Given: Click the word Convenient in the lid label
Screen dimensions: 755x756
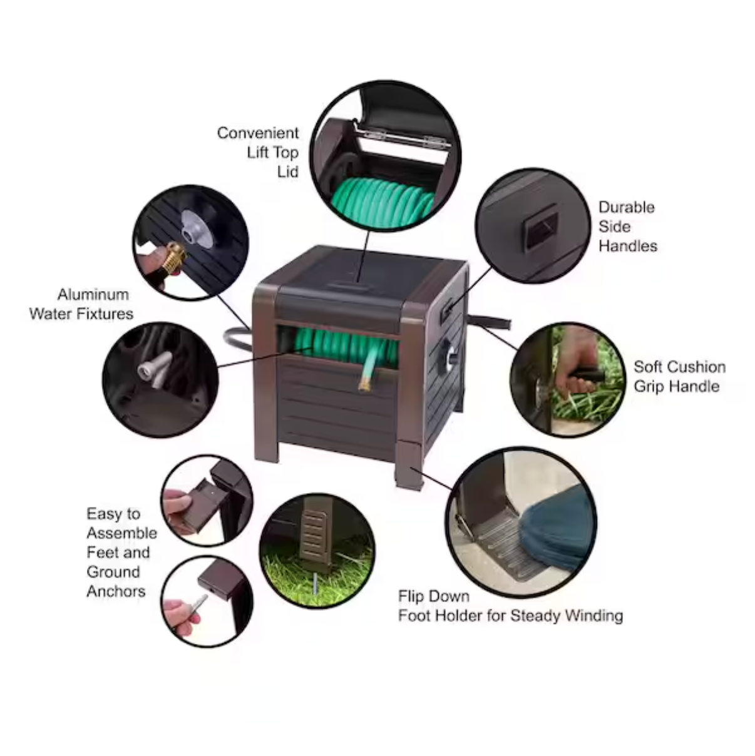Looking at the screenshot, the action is tap(257, 133).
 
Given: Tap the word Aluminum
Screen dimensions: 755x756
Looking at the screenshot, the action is tap(93, 295).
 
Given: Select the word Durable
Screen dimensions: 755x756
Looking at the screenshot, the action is tap(626, 208).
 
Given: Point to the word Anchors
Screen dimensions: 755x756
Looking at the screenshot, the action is tap(116, 591).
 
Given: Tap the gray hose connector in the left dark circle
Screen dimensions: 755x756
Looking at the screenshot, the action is tap(154, 369).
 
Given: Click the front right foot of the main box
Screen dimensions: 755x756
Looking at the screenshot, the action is tap(409, 465).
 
